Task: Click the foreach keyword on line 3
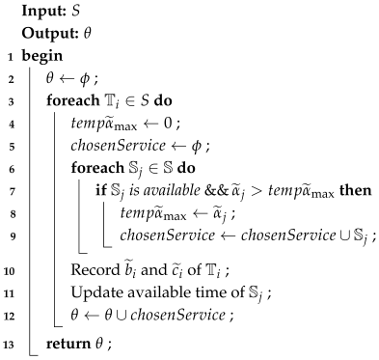coord(68,99)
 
